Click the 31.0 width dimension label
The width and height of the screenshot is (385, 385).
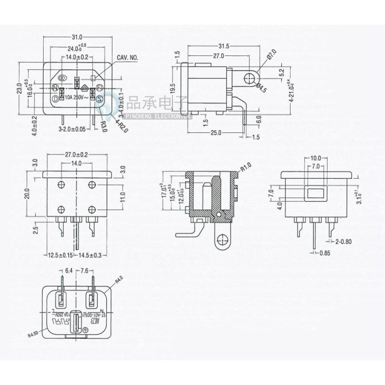78,37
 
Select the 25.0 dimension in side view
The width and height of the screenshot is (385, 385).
216,133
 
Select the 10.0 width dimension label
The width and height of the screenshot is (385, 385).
316,159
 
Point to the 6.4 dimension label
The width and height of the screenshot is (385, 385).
68,271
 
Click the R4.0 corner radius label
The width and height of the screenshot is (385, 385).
120,280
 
